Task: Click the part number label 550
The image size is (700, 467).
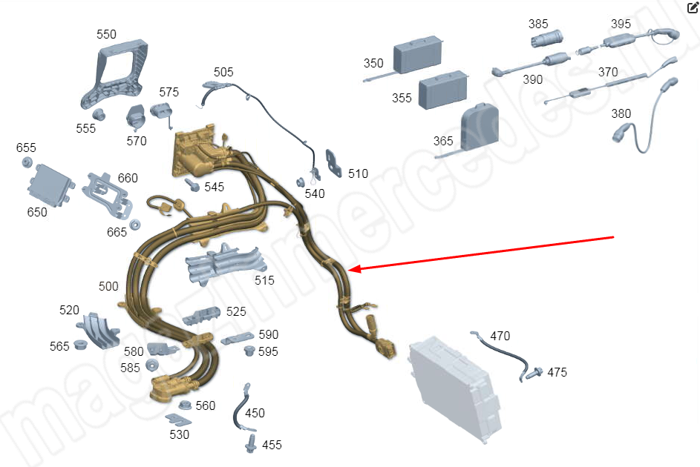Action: click(107, 35)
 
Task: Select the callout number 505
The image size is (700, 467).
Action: click(223, 72)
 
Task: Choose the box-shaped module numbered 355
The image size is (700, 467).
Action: click(443, 90)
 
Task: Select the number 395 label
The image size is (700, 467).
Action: click(621, 24)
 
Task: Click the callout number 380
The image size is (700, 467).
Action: click(621, 114)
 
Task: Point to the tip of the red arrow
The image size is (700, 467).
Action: click(350, 270)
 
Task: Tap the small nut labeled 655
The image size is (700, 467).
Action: click(27, 163)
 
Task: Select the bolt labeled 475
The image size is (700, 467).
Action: click(534, 373)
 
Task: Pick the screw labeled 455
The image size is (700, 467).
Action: click(251, 443)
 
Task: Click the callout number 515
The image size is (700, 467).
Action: click(264, 280)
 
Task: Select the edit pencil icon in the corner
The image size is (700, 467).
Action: click(693, 8)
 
